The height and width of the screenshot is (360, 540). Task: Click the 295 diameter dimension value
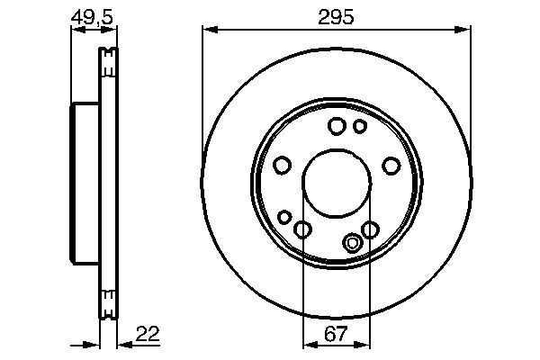pos(336,17)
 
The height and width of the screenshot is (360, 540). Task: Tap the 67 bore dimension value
pos(336,335)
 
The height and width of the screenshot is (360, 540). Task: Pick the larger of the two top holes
pos(337,127)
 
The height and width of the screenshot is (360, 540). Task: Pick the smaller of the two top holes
pos(359,127)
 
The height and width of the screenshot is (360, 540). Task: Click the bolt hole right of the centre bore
pos(391,166)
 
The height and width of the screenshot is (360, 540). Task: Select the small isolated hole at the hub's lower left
pos(285,217)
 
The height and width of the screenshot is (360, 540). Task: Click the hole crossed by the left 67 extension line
pos(303,230)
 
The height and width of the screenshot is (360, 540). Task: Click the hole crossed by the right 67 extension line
pos(369,229)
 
